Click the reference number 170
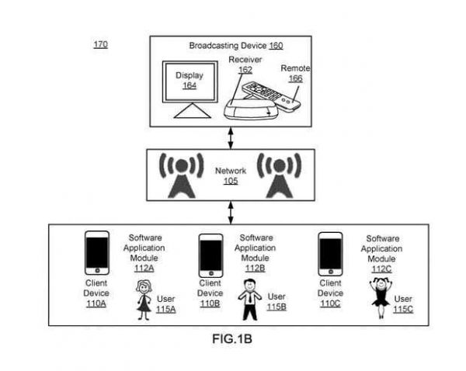tap(100, 44)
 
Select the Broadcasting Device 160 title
tap(235, 46)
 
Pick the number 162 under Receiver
tap(245, 70)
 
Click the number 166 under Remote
tap(294, 78)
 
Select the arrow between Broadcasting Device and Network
tap(230, 137)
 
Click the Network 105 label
tap(230, 175)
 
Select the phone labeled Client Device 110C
tap(330, 254)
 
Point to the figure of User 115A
tap(144, 299)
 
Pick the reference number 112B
tap(255, 269)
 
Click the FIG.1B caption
tap(233, 339)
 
